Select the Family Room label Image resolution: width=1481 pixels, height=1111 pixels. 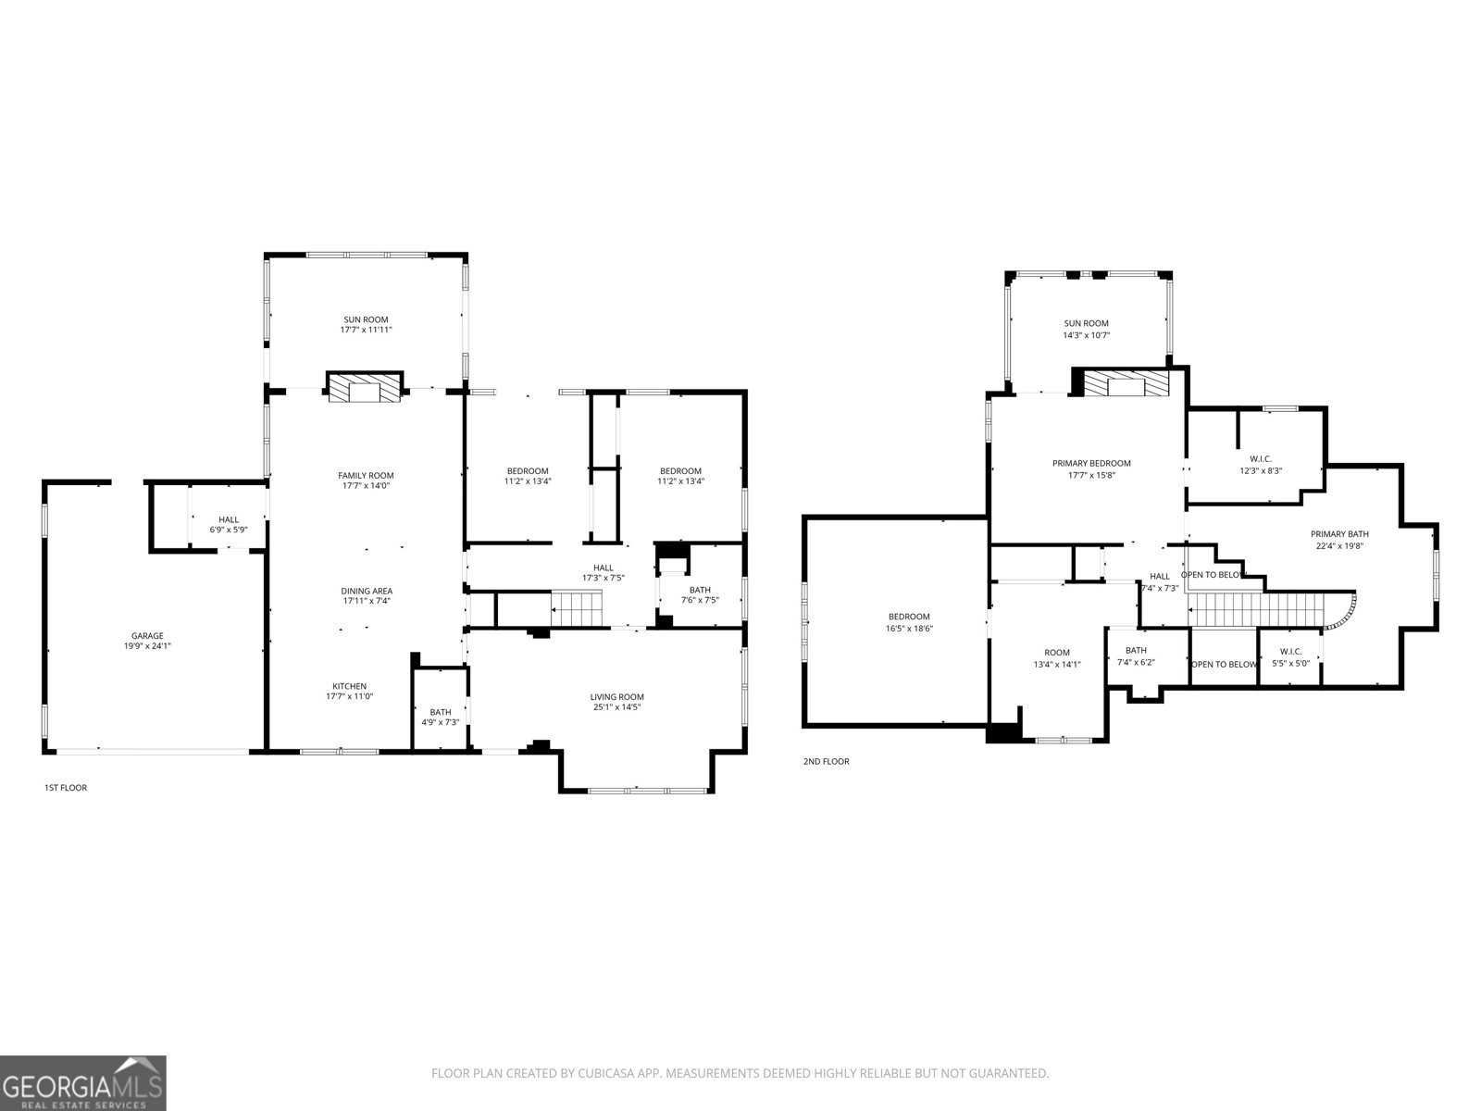pyautogui.click(x=365, y=475)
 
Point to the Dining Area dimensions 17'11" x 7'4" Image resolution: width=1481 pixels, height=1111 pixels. pyautogui.click(x=367, y=601)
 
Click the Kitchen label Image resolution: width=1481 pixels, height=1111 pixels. pyautogui.click(x=350, y=686)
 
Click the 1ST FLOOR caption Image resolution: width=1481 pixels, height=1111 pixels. pyautogui.click(x=66, y=788)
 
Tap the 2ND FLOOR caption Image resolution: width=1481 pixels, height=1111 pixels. pyautogui.click(x=826, y=762)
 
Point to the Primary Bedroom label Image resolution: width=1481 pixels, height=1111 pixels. pyautogui.click(x=1091, y=463)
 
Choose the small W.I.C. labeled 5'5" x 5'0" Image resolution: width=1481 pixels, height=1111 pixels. pyautogui.click(x=1290, y=657)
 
